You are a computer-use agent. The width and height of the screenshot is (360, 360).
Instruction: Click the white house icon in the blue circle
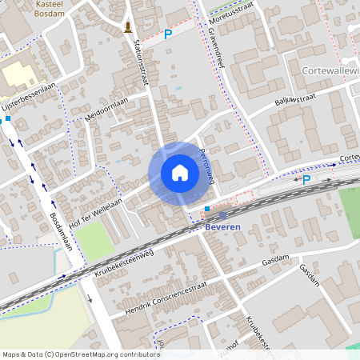pos(179,173)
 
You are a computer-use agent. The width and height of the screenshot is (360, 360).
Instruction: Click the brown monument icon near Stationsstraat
pos(128,28)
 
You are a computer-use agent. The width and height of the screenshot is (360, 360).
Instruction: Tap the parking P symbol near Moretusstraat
pos(168,34)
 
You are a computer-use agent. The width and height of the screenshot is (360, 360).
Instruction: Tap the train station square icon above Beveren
pos(222,214)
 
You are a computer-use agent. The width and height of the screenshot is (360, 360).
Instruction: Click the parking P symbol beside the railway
pos(306,179)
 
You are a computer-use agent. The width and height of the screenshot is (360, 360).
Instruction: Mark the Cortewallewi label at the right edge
pos(330,70)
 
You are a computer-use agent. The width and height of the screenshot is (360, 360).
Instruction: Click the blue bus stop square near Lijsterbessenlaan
pos(8,118)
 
